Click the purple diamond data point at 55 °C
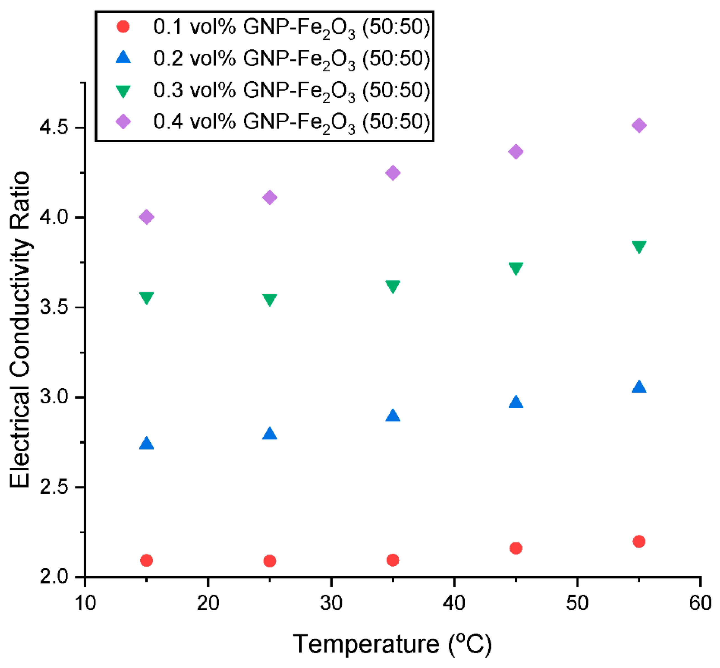[638, 126]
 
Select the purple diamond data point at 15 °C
[146, 217]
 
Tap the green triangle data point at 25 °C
[269, 299]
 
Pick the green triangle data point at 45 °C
[516, 268]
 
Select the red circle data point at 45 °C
[516, 548]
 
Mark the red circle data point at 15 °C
[146, 560]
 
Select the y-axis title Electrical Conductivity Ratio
[20, 329]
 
